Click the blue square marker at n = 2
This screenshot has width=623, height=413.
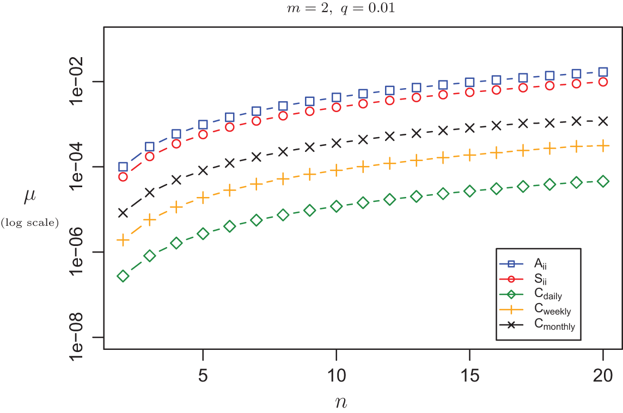[x=123, y=167]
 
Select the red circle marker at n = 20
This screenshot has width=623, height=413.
[x=603, y=82]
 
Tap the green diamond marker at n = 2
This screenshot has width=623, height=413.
[x=123, y=276]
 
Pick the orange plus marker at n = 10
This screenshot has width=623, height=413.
[x=337, y=170]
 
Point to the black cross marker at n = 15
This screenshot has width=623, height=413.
[x=470, y=128]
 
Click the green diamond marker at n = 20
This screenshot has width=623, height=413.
[x=603, y=181]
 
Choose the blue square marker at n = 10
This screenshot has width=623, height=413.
[x=337, y=98]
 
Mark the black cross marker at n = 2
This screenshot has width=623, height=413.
[x=123, y=213]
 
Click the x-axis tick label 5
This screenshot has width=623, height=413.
[x=203, y=376]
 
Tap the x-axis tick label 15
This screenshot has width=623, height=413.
[x=470, y=376]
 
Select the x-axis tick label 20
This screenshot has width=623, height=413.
[x=603, y=376]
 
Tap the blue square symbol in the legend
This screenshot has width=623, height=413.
[x=511, y=264]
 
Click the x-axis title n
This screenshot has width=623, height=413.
[x=341, y=403]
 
